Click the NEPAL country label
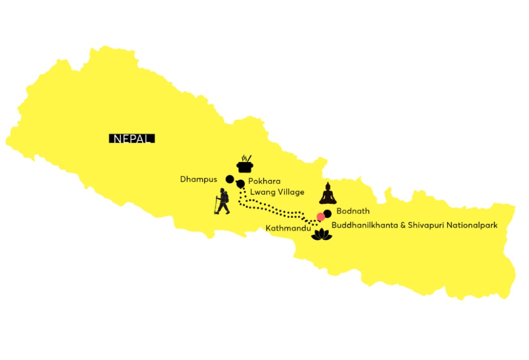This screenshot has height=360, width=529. (132, 139)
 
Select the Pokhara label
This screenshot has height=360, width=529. (264, 181)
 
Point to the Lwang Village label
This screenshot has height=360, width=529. (278, 192)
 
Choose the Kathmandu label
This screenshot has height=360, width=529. (288, 228)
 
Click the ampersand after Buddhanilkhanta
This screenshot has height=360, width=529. (395, 225)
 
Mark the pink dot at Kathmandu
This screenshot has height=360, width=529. (321, 217)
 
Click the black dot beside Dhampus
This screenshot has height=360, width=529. (230, 178)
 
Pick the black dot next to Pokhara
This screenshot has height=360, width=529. (241, 184)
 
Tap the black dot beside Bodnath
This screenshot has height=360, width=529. (327, 213)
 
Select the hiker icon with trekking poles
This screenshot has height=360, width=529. (222, 202)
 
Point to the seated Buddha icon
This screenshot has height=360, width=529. (327, 194)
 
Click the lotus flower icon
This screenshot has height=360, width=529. (321, 235)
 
